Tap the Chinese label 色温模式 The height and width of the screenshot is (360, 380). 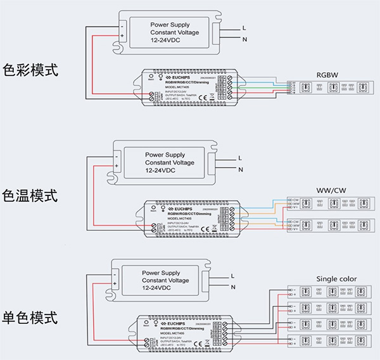pos(31,196)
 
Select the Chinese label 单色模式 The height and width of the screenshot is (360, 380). pos(31,317)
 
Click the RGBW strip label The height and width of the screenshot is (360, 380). pos(327,75)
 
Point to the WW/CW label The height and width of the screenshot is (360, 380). pos(331,191)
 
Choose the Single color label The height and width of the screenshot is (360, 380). pos(336,279)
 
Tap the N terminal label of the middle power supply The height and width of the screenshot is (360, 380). pos(240,170)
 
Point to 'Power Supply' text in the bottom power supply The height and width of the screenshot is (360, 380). pos(162,271)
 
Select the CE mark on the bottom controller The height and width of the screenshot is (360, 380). pos(196,344)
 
